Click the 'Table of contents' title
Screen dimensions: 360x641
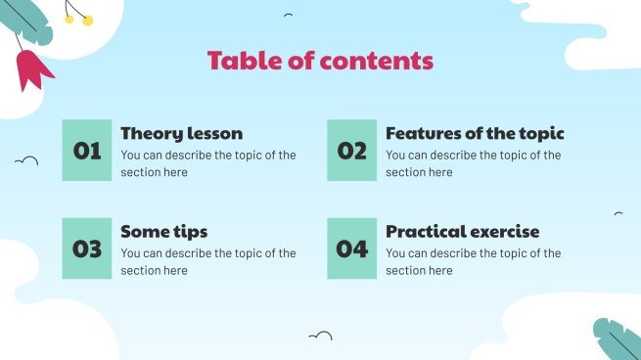(x=320, y=61)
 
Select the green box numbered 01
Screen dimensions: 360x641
(x=87, y=151)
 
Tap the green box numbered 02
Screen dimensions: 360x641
(x=351, y=151)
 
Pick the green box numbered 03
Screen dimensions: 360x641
(x=87, y=248)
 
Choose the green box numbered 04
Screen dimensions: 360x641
(x=351, y=248)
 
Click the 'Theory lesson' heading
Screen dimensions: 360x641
(x=181, y=134)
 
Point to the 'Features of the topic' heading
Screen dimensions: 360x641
(x=475, y=134)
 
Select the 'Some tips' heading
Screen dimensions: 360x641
(x=163, y=232)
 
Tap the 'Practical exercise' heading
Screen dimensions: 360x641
(x=462, y=232)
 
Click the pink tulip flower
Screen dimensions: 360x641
(x=32, y=69)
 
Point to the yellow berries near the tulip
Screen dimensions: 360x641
(x=78, y=17)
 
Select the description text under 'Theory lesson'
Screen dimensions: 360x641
(x=207, y=163)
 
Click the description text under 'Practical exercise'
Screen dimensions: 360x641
(x=473, y=261)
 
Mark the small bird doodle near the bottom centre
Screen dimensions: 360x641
(x=320, y=337)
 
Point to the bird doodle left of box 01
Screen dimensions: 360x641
(x=26, y=159)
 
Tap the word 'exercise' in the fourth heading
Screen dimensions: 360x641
(x=503, y=232)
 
